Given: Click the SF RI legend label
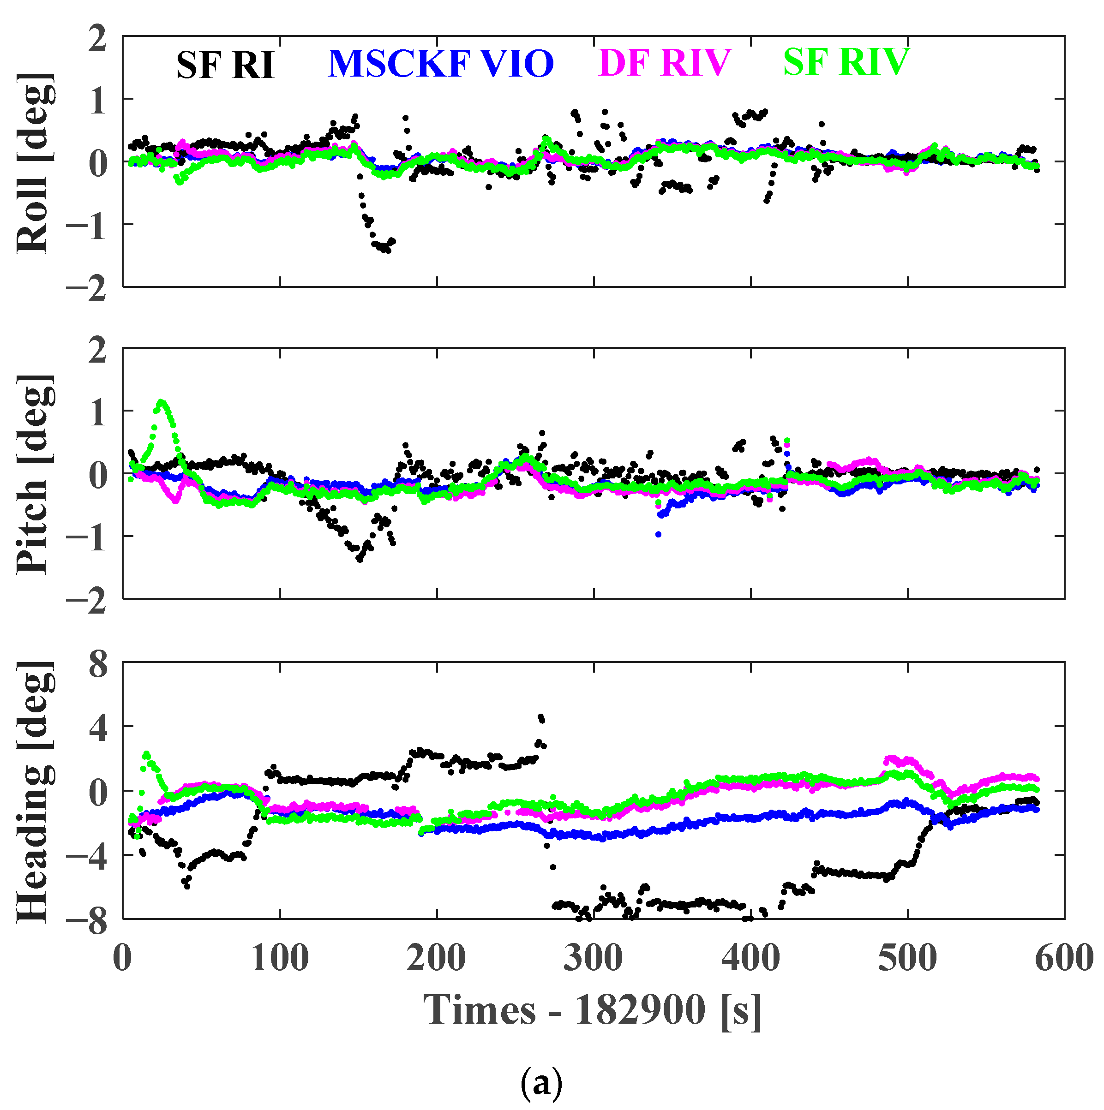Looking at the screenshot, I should (224, 65).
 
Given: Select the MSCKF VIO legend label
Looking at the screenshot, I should (440, 63).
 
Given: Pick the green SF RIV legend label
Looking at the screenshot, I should (846, 61).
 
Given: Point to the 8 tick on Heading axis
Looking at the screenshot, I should (98, 665).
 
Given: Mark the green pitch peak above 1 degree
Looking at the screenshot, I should (162, 402).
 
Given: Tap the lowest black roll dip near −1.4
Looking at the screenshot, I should (387, 250).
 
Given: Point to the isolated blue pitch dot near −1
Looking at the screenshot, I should (658, 534).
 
